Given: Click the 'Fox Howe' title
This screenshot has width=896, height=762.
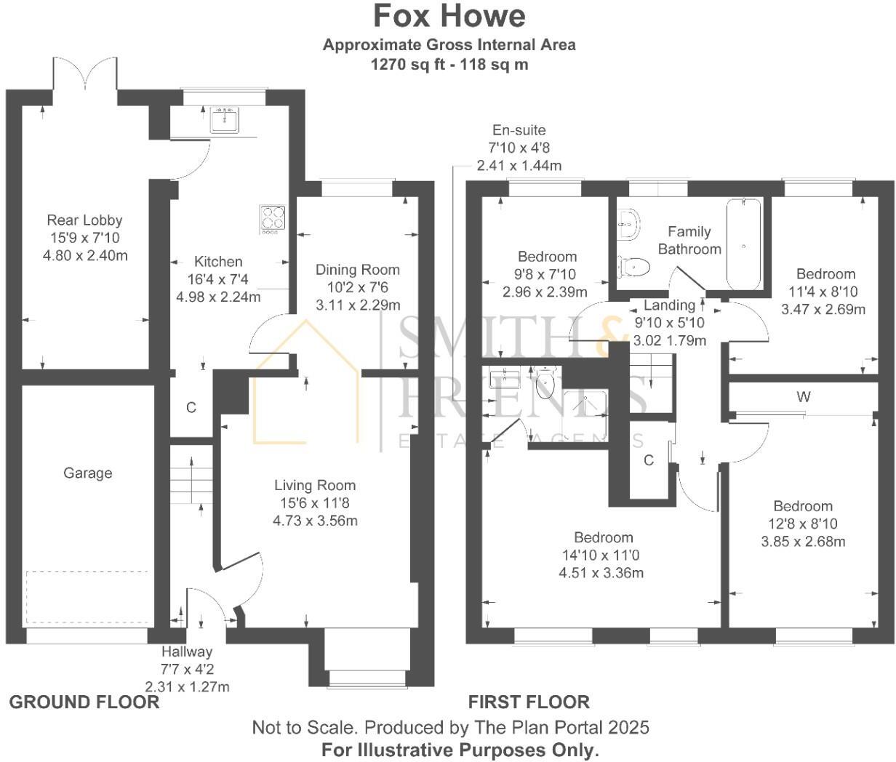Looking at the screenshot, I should [449, 15].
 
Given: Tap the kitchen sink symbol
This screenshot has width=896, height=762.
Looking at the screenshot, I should [224, 121].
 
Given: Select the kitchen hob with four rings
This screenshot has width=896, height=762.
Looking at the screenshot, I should [273, 219].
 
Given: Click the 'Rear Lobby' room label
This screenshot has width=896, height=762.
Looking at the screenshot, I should [84, 220].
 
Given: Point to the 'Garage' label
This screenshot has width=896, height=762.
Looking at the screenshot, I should [88, 473].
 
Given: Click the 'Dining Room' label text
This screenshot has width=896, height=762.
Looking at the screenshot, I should [357, 270].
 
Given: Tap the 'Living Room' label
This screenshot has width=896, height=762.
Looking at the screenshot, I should [315, 485].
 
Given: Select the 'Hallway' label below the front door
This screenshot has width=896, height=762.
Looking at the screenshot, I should [187, 651].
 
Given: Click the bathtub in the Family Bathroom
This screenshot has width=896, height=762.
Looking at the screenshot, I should [744, 245].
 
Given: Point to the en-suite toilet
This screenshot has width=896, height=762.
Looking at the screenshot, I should [545, 384].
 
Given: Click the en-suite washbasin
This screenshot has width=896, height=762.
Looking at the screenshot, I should [503, 378].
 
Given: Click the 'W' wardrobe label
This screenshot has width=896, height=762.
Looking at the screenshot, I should [803, 397].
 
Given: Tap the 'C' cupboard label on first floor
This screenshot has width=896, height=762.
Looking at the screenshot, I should [649, 460].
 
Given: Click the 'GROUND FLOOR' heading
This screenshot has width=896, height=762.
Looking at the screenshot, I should [84, 702].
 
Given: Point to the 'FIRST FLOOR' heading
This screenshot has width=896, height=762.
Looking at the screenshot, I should [529, 702].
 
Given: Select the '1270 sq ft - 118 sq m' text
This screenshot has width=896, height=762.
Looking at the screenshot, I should [449, 64].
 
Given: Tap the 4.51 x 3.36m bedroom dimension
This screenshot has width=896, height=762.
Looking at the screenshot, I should [601, 573].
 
